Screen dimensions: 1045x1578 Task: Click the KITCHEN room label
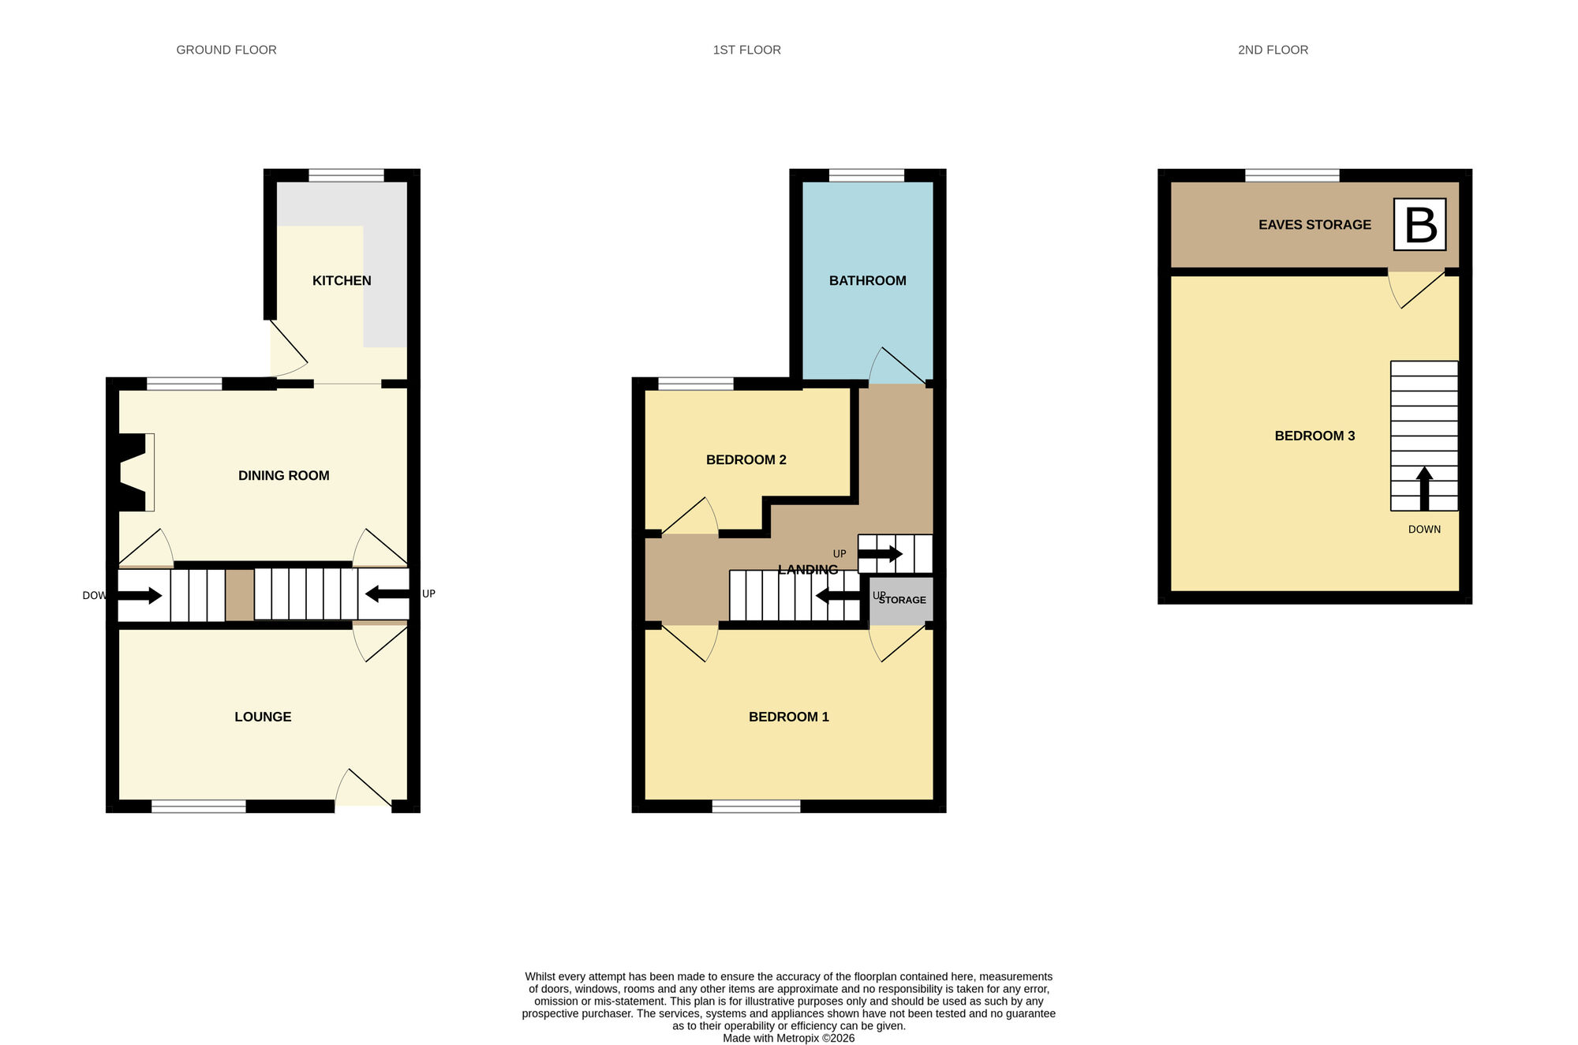[342, 281]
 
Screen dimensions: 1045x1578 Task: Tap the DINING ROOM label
[283, 476]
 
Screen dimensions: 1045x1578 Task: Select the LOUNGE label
[263, 717]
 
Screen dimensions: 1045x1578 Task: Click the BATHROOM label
[867, 281]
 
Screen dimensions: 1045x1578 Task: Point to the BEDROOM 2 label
[746, 460]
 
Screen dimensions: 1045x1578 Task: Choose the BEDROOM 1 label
[788, 717]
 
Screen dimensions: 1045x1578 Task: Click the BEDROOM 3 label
[1314, 436]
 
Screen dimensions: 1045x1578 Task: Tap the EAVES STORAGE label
[1314, 225]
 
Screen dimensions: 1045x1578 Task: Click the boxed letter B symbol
[1419, 225]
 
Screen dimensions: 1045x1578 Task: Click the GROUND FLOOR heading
[226, 50]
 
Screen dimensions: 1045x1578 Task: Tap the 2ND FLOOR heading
[1273, 50]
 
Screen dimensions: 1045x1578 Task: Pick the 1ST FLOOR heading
[746, 50]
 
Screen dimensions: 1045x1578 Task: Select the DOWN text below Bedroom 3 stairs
[1424, 530]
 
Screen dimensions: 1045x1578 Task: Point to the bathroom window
[866, 175]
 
